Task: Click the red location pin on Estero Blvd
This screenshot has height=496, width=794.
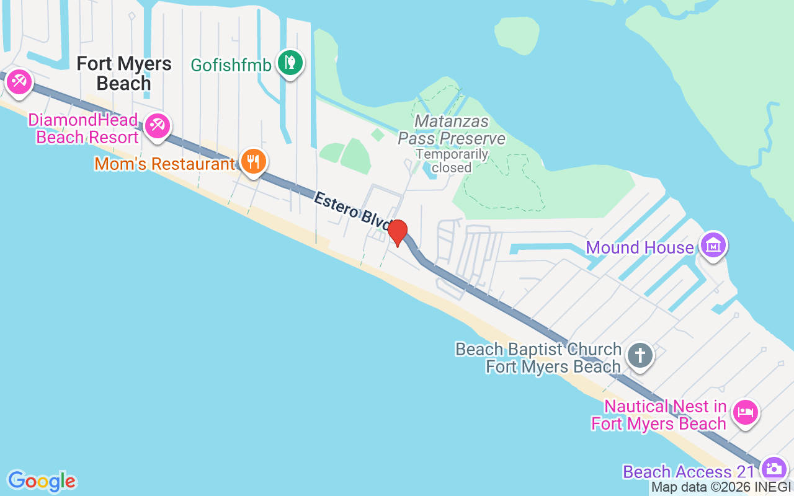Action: coord(398,232)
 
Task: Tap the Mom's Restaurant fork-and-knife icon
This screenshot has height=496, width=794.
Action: coord(252,162)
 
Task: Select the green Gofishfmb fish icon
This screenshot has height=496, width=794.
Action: coord(289,63)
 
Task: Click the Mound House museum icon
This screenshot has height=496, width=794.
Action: coord(713,246)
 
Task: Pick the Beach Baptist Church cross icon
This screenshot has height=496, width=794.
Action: coord(640,356)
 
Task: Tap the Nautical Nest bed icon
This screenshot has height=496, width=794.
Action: coord(745,412)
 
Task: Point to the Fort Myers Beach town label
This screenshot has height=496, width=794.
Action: coord(124,73)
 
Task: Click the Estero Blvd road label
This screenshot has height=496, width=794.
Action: coord(351,209)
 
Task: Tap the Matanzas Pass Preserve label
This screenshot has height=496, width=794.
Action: coord(452,130)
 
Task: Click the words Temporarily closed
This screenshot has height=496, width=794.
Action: coord(452,161)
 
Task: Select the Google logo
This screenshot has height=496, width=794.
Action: coord(42,481)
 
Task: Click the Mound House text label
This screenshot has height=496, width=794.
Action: coord(640,248)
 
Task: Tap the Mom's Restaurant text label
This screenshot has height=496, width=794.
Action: coord(164,164)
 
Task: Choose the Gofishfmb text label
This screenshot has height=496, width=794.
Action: coord(231,64)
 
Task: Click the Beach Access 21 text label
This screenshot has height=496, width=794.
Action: coord(689,472)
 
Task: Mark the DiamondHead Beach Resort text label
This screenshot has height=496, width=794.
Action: coord(87,128)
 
